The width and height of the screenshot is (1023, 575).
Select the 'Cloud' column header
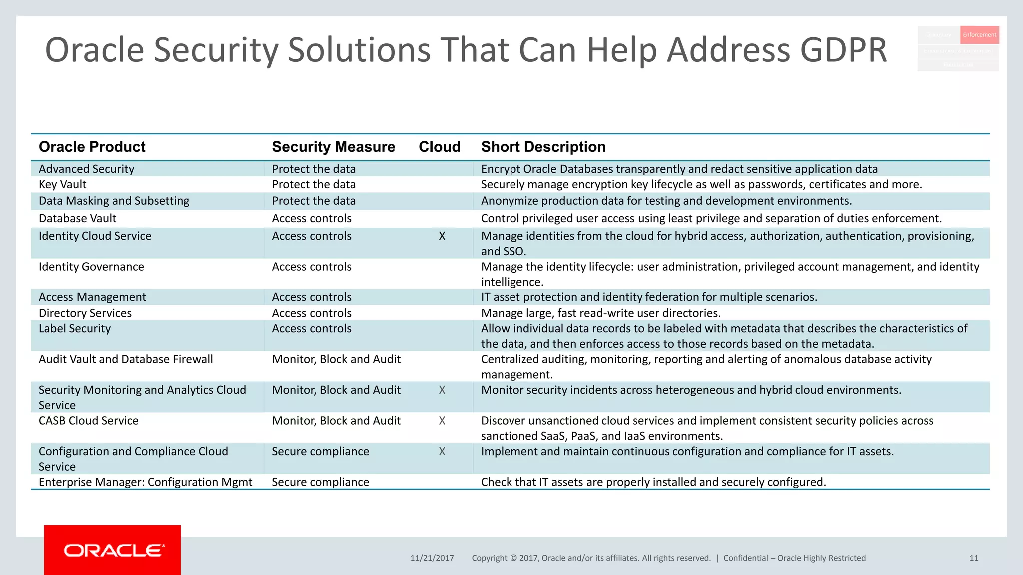point(439,147)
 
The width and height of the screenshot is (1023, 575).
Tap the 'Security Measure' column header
point(333,147)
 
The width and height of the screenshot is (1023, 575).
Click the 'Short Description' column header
point(543,147)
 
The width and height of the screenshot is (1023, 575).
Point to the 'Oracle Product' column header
point(92,147)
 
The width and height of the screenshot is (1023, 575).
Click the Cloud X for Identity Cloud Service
point(442,236)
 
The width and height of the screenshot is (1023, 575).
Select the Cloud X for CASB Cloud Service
point(442,421)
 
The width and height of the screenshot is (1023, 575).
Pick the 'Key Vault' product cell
point(63,185)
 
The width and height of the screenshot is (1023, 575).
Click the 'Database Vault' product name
point(77,219)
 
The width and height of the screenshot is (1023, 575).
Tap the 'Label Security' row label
point(75,329)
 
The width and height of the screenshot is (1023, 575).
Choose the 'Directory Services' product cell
point(85,313)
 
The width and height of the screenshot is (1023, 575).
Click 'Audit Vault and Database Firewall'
point(126,359)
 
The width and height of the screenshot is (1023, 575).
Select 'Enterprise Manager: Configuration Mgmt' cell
point(145,482)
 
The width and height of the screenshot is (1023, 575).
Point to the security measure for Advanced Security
point(314,169)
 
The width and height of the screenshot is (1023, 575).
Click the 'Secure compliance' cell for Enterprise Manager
point(320,482)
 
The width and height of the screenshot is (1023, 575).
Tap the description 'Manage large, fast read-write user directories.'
point(600,313)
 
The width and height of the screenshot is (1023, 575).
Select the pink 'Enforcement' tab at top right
point(979,35)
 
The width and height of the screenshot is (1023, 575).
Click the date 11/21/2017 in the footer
point(432,558)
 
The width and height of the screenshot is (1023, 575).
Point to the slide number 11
point(974,558)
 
